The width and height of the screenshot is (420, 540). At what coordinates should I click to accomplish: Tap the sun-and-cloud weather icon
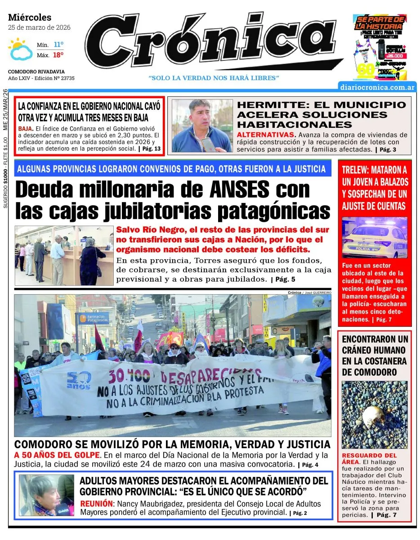(x=18, y=49)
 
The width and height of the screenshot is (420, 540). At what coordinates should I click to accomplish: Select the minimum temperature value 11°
(x=58, y=45)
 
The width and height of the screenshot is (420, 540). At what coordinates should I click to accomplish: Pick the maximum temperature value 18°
(x=58, y=55)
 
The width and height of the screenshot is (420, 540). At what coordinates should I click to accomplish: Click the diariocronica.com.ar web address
(x=377, y=87)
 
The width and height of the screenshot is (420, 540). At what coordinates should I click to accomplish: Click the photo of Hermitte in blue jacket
(x=202, y=126)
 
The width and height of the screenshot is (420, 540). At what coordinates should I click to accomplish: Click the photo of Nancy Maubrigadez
(x=46, y=495)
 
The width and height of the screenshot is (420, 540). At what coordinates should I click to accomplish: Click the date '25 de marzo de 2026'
(x=39, y=27)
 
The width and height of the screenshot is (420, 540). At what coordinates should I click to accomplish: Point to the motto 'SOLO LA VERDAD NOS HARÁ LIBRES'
(x=214, y=78)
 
